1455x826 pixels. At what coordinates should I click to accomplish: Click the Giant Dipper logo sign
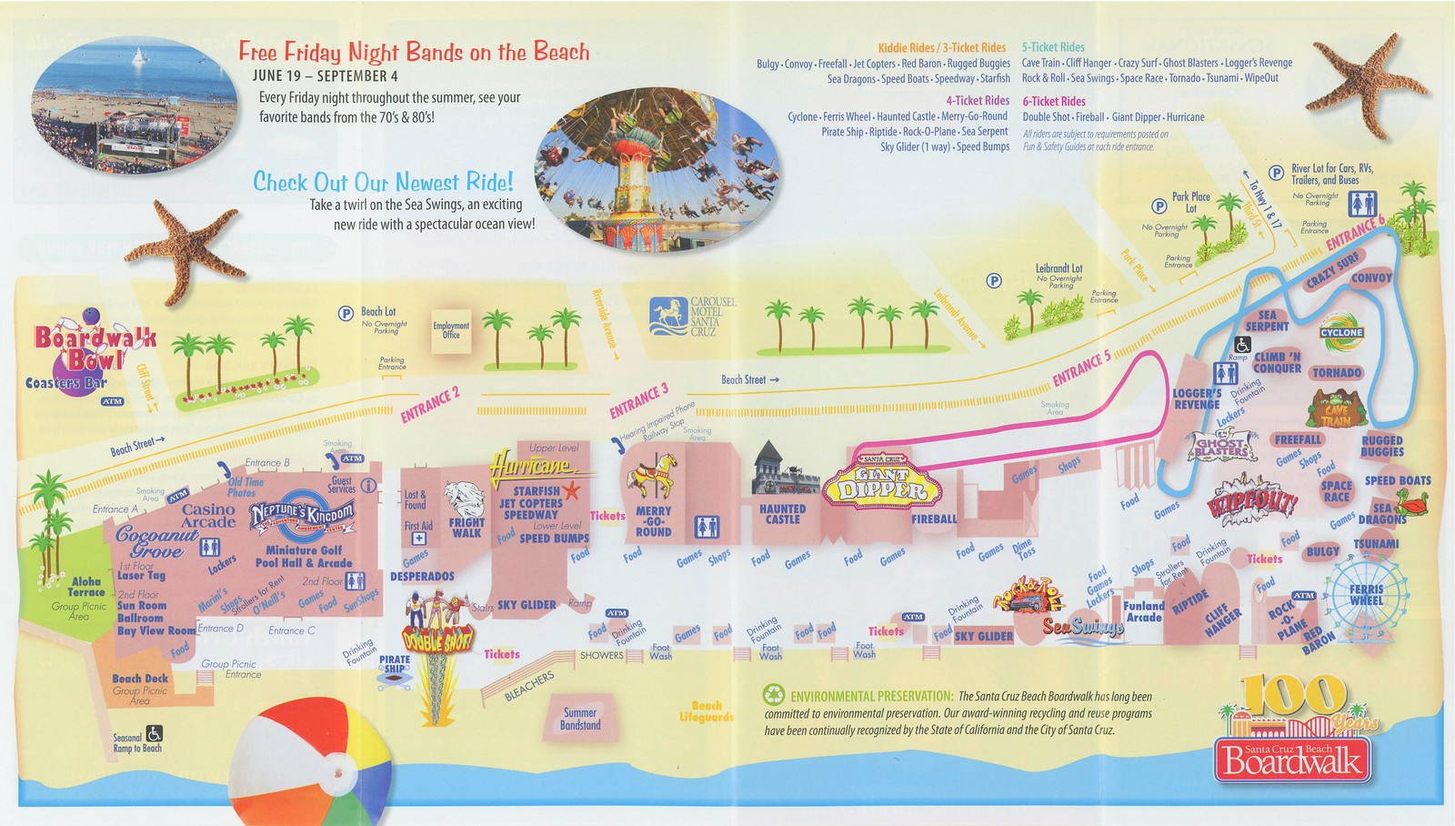point(882,482)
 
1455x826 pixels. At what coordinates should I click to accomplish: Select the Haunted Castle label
point(782,514)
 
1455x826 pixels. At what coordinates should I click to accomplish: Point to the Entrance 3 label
point(639,401)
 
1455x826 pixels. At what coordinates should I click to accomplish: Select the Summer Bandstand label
point(580,719)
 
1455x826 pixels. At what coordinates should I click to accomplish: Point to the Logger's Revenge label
point(1197,399)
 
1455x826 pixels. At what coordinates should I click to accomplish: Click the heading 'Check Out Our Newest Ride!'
point(383,182)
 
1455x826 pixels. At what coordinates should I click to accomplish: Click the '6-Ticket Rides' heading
point(1054,101)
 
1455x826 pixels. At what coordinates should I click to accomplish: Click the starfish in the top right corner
point(1370,77)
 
